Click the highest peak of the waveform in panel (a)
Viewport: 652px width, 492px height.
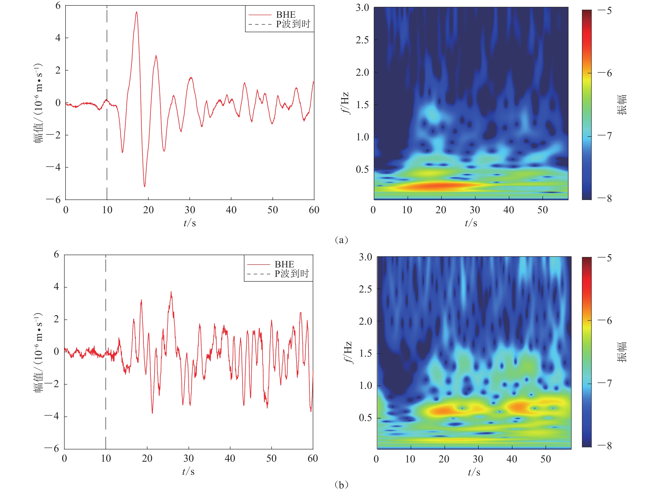[137, 12]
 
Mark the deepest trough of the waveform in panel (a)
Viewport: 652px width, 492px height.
[145, 186]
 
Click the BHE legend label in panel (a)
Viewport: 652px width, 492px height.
[286, 14]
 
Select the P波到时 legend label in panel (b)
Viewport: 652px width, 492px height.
[291, 274]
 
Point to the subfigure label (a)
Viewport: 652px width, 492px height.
[341, 240]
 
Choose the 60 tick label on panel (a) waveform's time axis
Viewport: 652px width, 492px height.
[314, 210]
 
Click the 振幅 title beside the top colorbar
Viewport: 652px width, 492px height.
[622, 105]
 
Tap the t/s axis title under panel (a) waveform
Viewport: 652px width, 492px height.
[189, 223]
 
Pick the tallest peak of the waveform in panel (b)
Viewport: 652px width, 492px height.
[171, 292]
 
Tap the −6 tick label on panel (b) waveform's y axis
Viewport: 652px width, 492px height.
[52, 449]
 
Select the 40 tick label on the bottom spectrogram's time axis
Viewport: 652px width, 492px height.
[512, 459]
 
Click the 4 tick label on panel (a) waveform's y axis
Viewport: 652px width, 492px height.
[58, 38]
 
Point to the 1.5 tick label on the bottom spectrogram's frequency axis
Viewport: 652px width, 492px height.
[365, 353]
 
